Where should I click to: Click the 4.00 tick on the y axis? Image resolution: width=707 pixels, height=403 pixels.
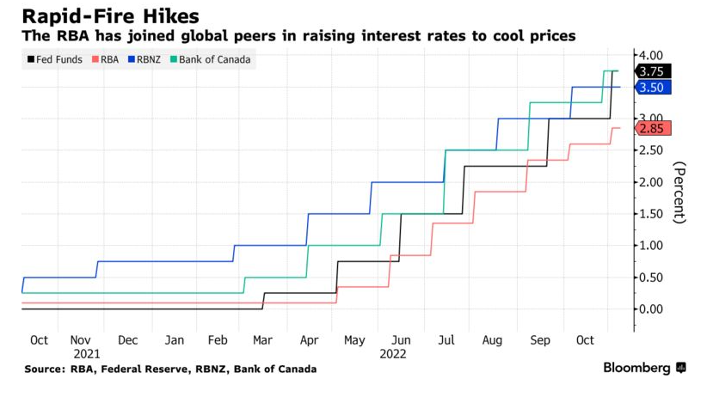[x=651, y=54]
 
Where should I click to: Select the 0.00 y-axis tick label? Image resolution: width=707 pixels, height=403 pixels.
[x=651, y=309]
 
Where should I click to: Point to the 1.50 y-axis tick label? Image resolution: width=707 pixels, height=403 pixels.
[x=651, y=214]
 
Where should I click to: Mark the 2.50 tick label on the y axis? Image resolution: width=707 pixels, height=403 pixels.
[x=651, y=150]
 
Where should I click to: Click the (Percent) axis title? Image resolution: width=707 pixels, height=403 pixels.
[x=679, y=192]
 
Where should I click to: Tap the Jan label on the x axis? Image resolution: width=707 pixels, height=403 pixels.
[x=175, y=340]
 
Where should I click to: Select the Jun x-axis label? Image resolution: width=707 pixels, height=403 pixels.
[x=400, y=340]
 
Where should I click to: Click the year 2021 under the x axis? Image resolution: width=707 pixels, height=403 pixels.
[x=87, y=353]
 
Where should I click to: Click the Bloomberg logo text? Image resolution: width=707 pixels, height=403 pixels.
[x=636, y=368]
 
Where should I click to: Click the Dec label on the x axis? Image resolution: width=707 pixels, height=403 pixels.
[x=128, y=340]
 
